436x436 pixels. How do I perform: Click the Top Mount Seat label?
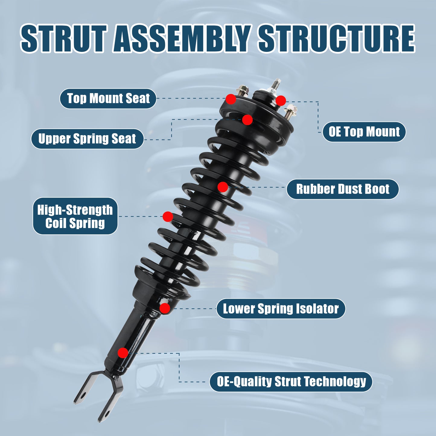108,99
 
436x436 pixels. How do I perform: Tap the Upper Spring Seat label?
87,139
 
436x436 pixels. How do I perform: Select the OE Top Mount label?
364,132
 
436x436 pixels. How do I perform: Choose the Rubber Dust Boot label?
342,189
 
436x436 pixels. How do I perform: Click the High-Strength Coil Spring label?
75,216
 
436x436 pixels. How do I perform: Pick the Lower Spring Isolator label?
281,309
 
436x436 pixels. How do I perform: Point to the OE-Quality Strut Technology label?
291,382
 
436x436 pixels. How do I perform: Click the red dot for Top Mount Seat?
231,99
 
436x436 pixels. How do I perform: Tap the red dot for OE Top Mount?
281,100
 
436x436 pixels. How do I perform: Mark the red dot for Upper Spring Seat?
247,120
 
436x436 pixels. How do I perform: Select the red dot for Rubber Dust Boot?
223,187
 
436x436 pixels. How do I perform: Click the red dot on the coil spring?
168,216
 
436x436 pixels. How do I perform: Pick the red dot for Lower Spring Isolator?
165,308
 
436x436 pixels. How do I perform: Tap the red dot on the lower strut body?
123,353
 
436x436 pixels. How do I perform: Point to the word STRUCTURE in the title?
336,39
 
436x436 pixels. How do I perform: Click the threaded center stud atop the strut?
276,84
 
